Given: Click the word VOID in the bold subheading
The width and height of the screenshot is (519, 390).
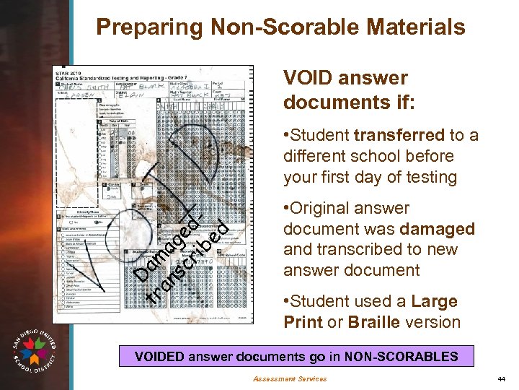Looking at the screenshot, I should [308, 78].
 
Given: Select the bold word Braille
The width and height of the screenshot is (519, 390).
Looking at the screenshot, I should [377, 322].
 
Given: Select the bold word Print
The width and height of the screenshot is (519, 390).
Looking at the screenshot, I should [302, 322].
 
